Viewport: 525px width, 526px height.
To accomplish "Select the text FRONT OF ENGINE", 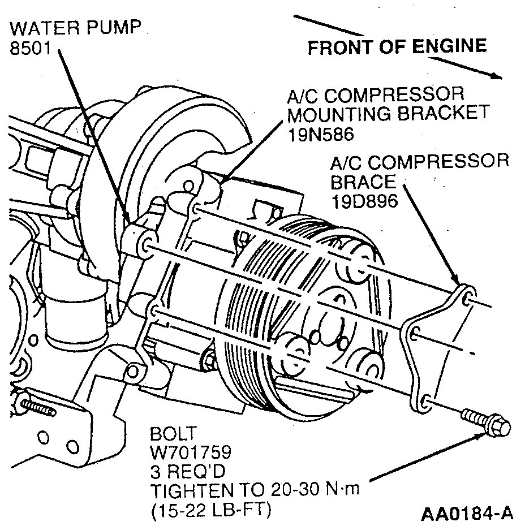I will pos(397,47).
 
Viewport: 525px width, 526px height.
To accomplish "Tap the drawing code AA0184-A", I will pos(467,514).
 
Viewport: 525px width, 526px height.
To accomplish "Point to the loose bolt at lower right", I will pos(486,423).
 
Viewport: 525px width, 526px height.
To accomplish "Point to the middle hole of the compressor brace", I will pos(416,334).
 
